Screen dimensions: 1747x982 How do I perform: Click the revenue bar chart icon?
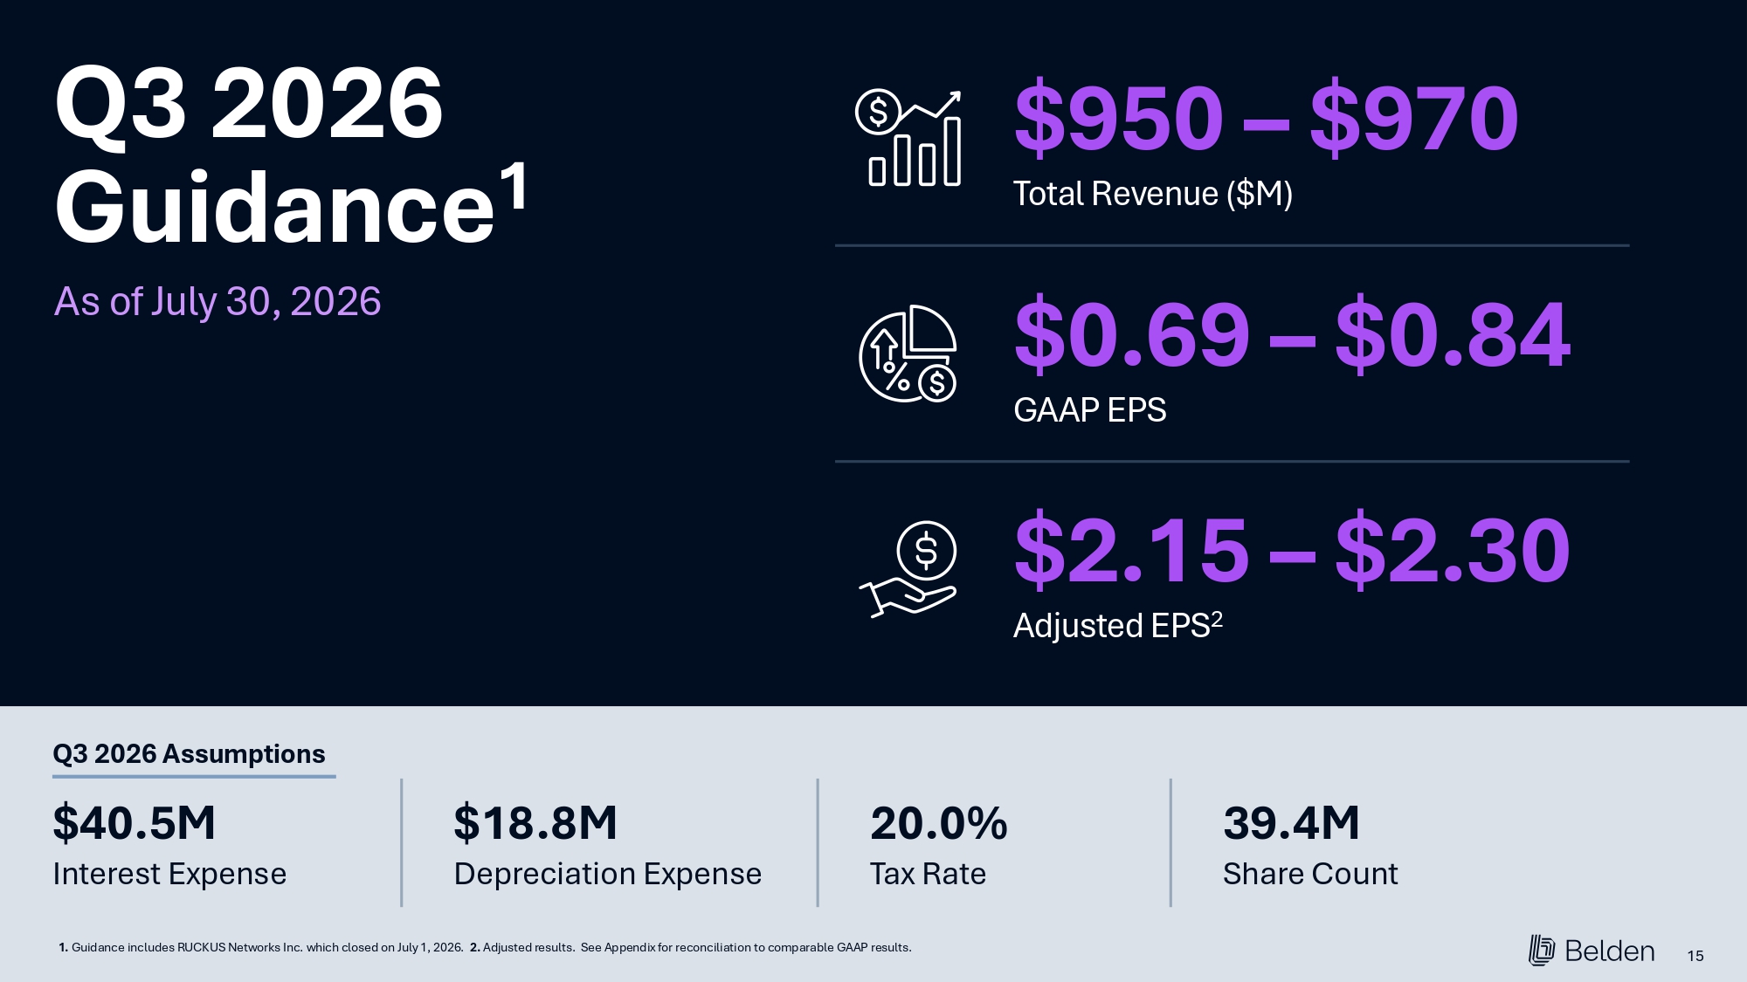pyautogui.click(x=908, y=138)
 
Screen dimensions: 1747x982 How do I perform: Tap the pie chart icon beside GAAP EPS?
pyautogui.click(x=908, y=354)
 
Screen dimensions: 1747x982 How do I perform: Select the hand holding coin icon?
pyautogui.click(x=908, y=569)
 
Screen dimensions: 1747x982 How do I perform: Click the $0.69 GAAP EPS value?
pyautogui.click(x=1132, y=334)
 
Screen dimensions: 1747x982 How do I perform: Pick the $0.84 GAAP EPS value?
pyautogui.click(x=1454, y=334)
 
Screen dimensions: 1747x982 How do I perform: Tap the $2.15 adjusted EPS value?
pyautogui.click(x=1132, y=550)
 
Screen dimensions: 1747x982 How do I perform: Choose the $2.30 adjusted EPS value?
pyautogui.click(x=1454, y=550)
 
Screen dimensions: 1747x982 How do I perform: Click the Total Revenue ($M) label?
pyautogui.click(x=1153, y=194)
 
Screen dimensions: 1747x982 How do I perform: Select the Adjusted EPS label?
pyautogui.click(x=1118, y=625)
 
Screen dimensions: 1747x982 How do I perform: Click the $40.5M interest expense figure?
pyautogui.click(x=134, y=823)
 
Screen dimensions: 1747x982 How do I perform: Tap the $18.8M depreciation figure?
pyautogui.click(x=535, y=823)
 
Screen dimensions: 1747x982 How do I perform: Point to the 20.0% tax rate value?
pyautogui.click(x=939, y=823)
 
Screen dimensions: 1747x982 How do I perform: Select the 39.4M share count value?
pyautogui.click(x=1291, y=823)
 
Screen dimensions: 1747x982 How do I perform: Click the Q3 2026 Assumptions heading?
pyautogui.click(x=189, y=753)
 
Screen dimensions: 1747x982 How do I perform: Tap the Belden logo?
pyautogui.click(x=1592, y=951)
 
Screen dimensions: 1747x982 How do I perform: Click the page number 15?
pyautogui.click(x=1695, y=956)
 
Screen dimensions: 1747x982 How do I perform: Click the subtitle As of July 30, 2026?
pyautogui.click(x=218, y=302)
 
